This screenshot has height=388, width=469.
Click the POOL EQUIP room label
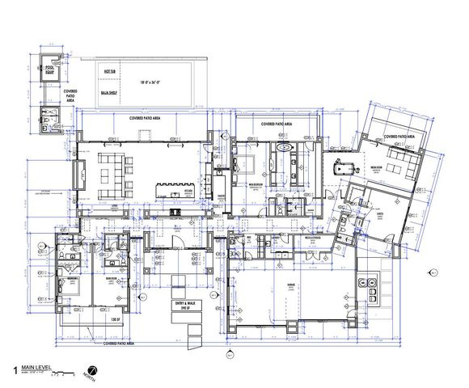coord(49,70)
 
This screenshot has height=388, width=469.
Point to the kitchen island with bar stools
coord(170,188)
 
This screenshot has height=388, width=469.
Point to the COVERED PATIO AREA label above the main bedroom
coord(277,124)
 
